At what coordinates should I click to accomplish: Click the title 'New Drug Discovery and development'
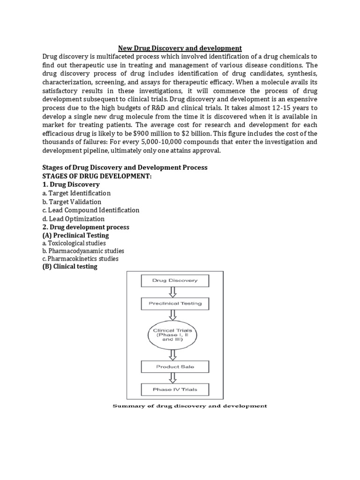pos(180,48)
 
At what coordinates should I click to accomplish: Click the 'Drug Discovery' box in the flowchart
pos(175,281)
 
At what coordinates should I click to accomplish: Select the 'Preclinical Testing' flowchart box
pos(175,303)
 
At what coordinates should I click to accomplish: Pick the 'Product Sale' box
pos(175,367)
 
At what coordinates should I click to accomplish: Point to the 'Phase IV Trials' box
pos(175,389)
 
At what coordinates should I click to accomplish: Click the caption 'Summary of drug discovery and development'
pos(189,406)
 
